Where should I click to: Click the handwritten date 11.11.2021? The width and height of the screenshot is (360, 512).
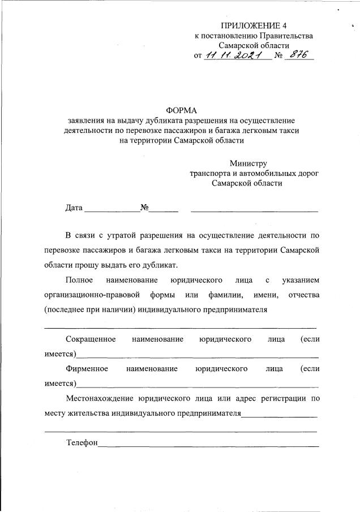(238, 55)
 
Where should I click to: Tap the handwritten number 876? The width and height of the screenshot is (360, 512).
(298, 55)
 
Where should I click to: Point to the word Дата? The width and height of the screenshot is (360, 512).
(74, 208)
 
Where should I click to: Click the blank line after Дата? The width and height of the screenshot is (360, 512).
(112, 210)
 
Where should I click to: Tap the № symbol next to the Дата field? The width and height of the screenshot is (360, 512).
(144, 208)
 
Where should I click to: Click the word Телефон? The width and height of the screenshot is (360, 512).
(82, 442)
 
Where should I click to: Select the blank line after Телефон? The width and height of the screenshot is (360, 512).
(208, 446)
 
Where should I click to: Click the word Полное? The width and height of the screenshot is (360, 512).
(79, 280)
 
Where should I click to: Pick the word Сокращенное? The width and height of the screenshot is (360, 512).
(91, 339)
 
